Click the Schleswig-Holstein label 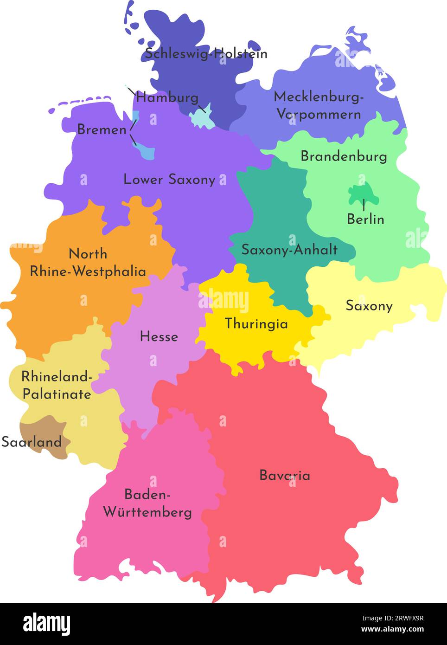(206, 54)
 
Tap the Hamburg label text (167, 98)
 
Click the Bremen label (102, 129)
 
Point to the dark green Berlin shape (363, 193)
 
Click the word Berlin (365, 219)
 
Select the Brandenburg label (344, 156)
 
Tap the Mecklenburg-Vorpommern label (319, 105)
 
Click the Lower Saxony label (169, 180)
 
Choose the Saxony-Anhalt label (289, 250)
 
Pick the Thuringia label (256, 323)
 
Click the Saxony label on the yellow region (369, 306)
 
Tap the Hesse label (159, 336)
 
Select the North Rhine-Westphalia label (88, 263)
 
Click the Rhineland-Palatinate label (57, 385)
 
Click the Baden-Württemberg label (147, 503)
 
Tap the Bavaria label (284, 475)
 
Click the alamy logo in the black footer (46, 624)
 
